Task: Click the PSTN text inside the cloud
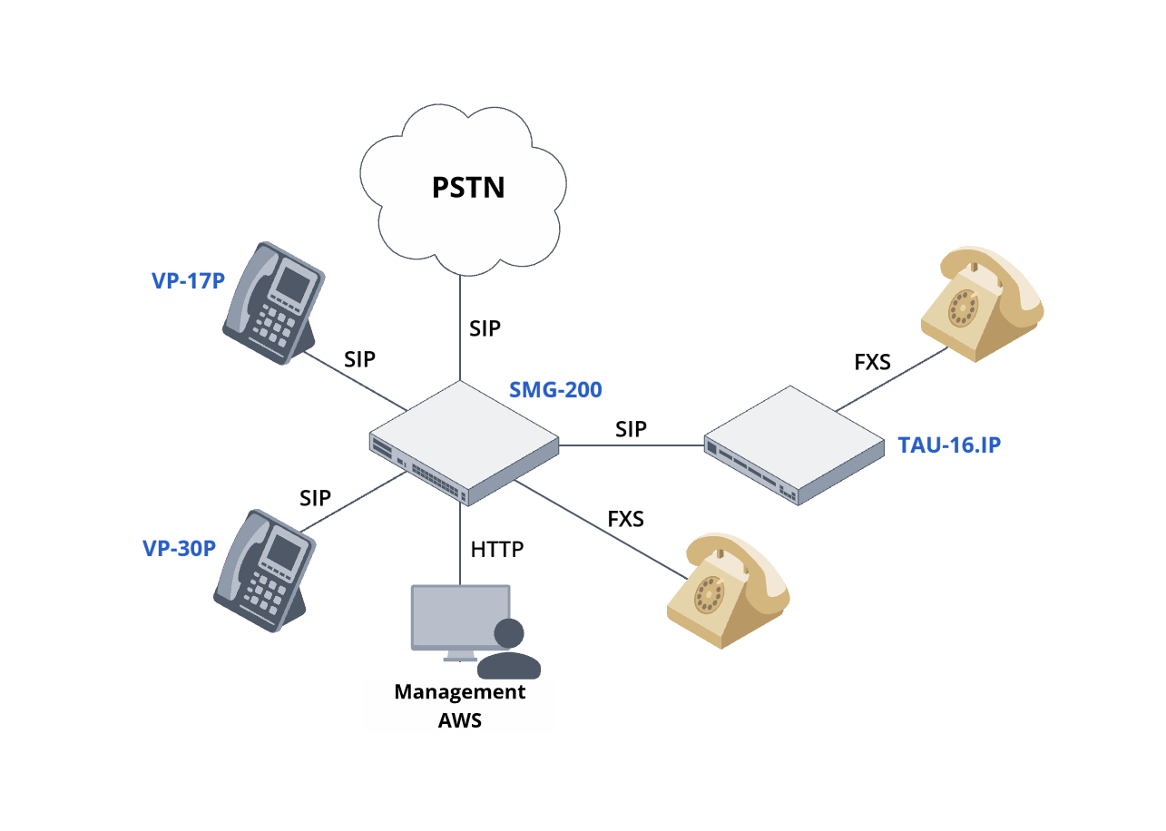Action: tap(467, 189)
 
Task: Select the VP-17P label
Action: tap(188, 280)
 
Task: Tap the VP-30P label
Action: tap(179, 549)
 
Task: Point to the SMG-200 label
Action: tap(555, 390)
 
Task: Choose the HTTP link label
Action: tap(497, 550)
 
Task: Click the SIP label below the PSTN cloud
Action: tap(485, 328)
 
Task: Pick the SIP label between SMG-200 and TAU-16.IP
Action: tap(631, 429)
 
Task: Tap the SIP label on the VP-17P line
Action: tap(360, 358)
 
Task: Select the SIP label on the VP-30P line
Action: tap(316, 497)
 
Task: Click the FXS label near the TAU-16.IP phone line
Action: tap(872, 363)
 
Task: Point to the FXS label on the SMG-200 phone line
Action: tap(625, 520)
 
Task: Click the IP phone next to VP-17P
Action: tap(271, 303)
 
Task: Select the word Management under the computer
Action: tap(460, 692)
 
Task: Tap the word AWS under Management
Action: tap(460, 721)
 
